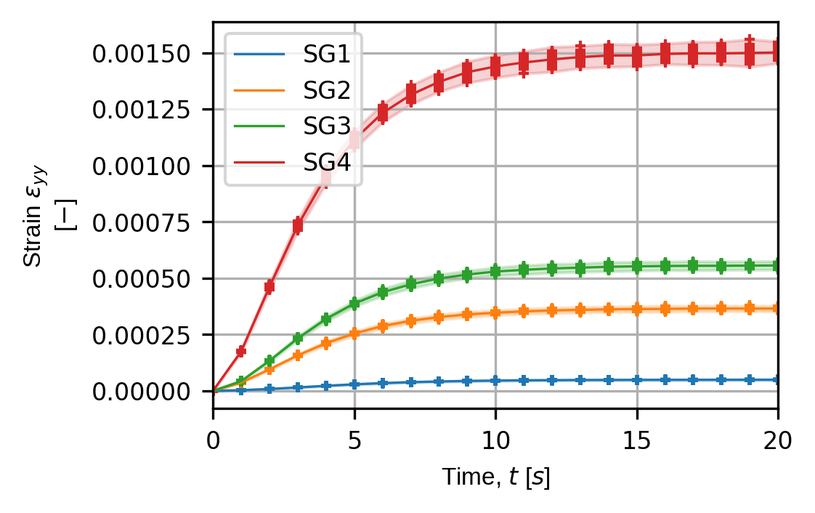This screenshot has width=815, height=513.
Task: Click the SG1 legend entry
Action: tap(327, 54)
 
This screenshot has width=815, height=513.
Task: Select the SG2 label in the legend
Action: tap(327, 91)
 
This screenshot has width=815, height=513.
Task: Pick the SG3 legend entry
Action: tap(327, 128)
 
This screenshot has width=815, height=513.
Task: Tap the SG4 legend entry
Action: tap(327, 165)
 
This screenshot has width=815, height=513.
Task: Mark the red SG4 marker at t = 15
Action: tap(637, 55)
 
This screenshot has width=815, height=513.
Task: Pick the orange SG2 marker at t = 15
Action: tap(637, 309)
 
